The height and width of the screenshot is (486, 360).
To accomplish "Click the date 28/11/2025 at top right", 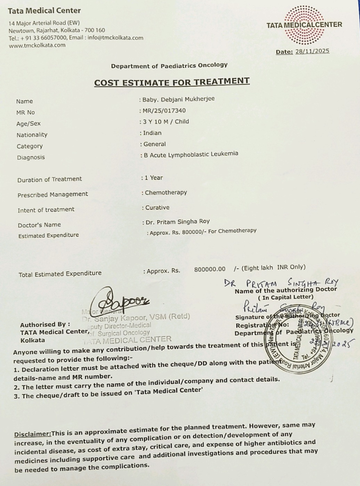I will pyautogui.click(x=312, y=51).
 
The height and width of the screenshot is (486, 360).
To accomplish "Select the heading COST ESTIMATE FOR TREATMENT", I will pyautogui.click(x=171, y=81).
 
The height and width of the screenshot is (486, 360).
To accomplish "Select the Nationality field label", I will pyautogui.click(x=32, y=135).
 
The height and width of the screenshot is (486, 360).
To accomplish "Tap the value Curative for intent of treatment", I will pyautogui.click(x=157, y=207).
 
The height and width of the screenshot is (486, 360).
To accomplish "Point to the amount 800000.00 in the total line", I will pyautogui.click(x=210, y=269).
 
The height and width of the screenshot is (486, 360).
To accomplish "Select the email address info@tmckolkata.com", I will pyautogui.click(x=115, y=38).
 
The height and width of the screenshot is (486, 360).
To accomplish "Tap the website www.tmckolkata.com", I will pyautogui.click(x=37, y=45).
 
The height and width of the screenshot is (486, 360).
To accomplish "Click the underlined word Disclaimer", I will pyautogui.click(x=32, y=434).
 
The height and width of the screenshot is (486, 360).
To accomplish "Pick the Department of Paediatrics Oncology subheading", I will pyautogui.click(x=169, y=65).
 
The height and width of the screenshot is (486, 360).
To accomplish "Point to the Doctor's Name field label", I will pyautogui.click(x=39, y=225).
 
